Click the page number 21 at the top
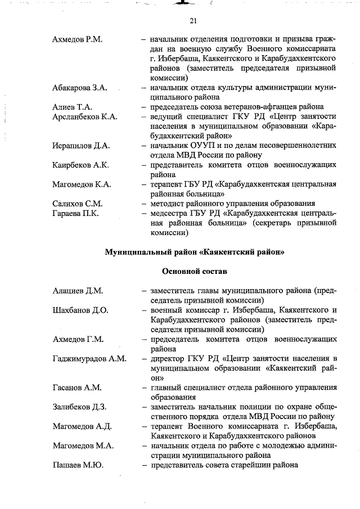[192, 21]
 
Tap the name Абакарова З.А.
[80, 88]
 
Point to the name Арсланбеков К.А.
[84, 116]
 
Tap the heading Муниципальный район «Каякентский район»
[195, 252]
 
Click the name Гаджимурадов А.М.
[89, 358]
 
